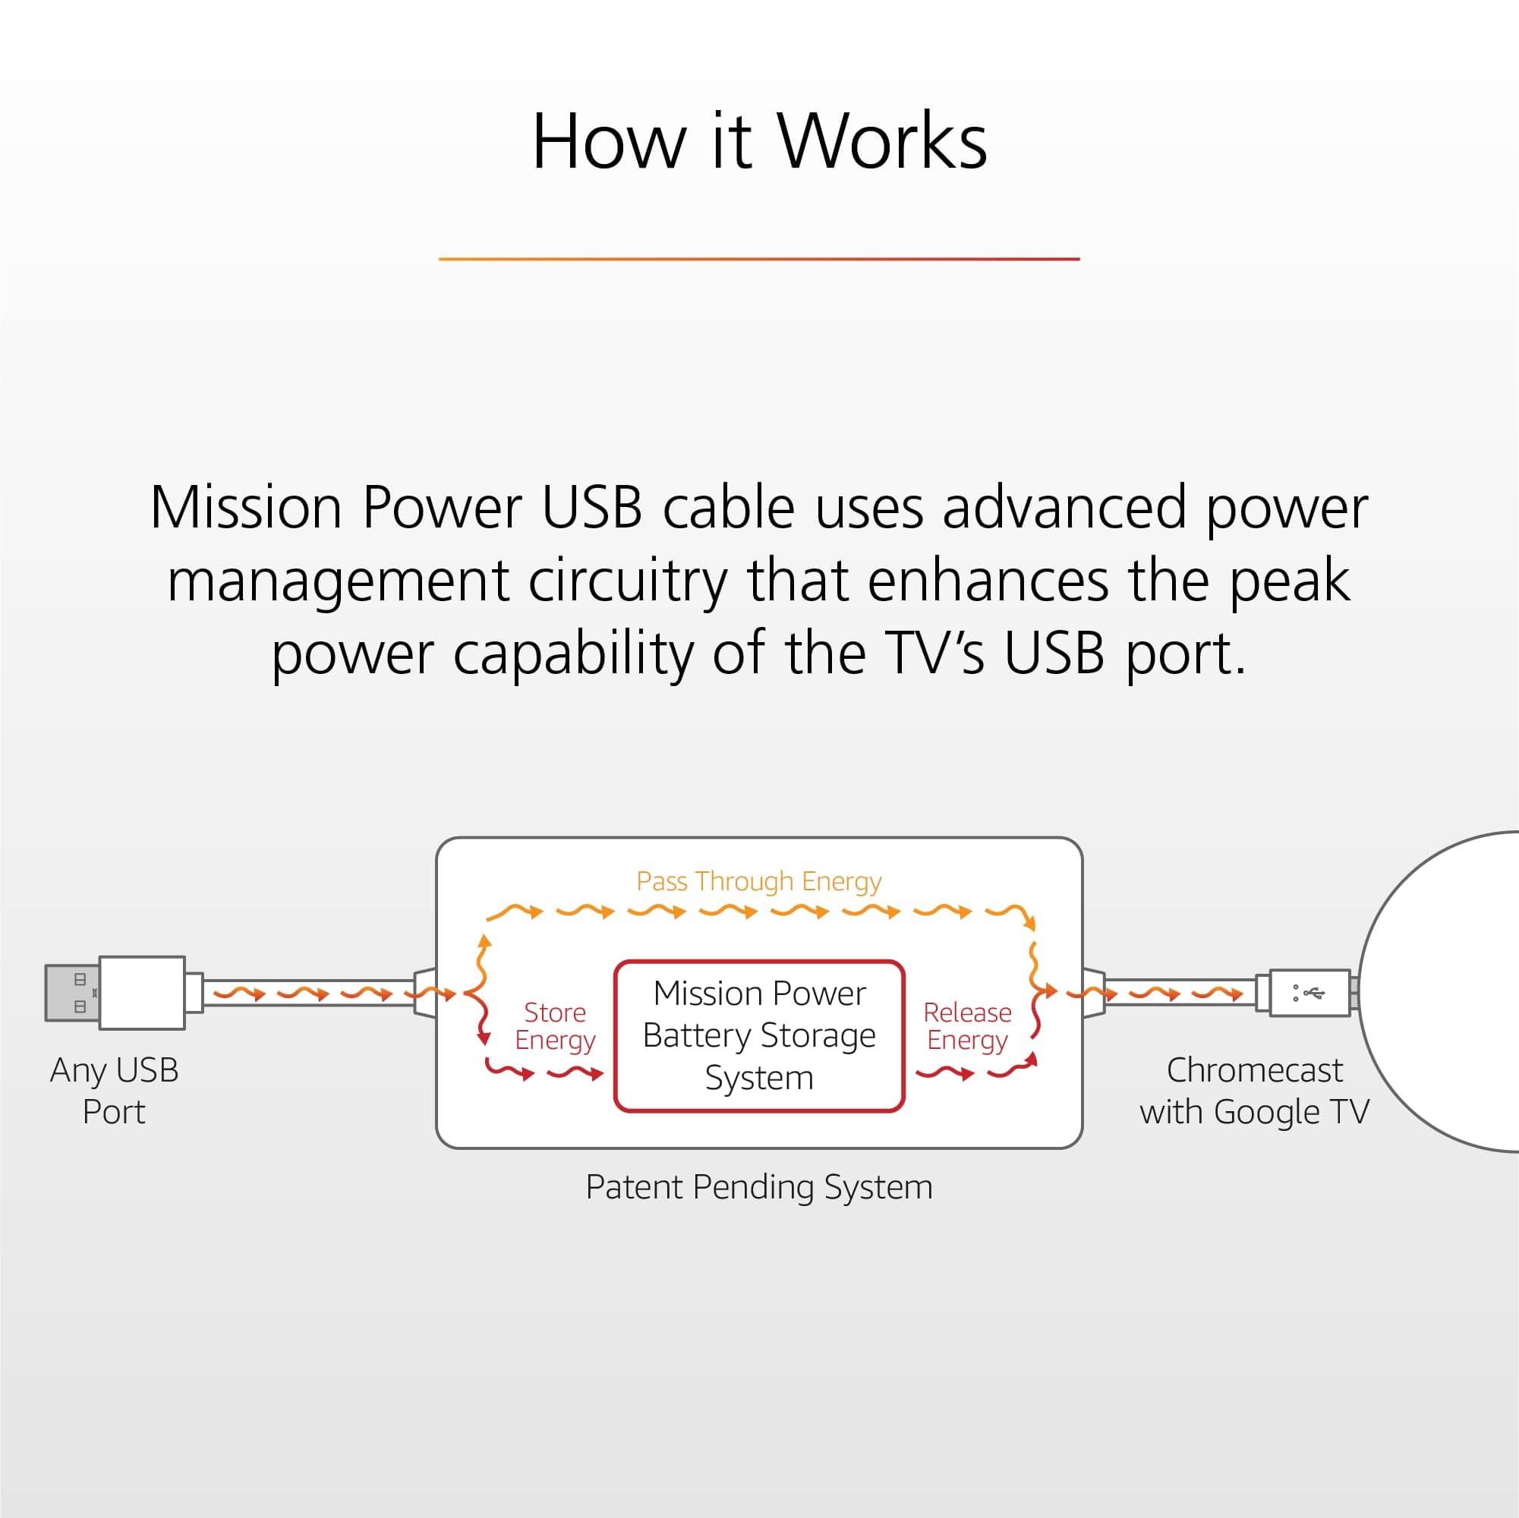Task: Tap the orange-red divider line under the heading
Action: [x=758, y=259]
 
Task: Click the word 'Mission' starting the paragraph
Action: [x=245, y=508]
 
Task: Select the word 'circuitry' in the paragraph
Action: [x=627, y=581]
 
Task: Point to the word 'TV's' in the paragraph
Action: [x=933, y=654]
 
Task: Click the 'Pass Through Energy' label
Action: [x=758, y=881]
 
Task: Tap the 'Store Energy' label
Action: [x=555, y=1026]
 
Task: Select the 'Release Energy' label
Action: [x=967, y=1026]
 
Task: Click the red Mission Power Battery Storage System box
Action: [x=758, y=1035]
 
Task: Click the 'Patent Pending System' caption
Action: [x=758, y=1187]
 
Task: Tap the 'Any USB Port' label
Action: [x=114, y=1091]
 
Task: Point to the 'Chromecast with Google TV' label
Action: [x=1254, y=1091]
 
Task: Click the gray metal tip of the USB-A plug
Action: [x=71, y=993]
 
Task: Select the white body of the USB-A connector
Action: [x=142, y=993]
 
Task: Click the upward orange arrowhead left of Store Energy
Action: [x=485, y=940]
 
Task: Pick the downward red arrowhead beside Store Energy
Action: [x=484, y=1040]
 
